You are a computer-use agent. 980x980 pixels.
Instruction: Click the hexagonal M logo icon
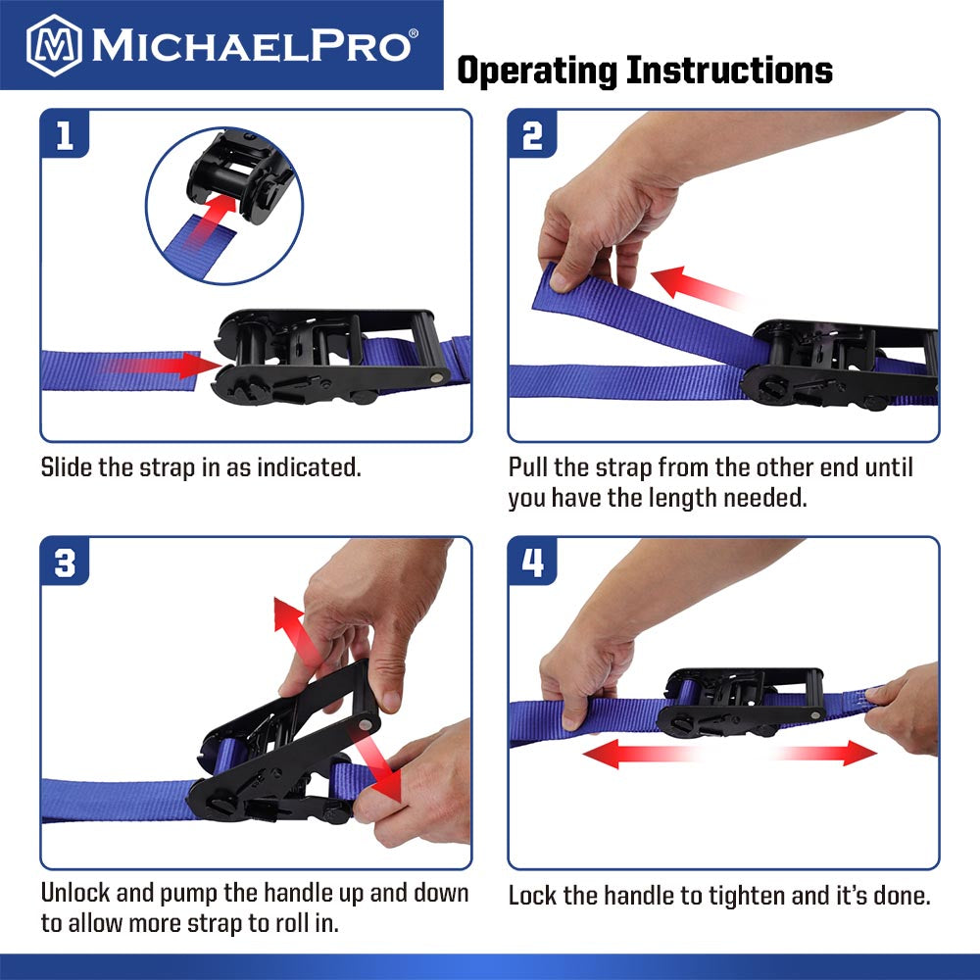54,45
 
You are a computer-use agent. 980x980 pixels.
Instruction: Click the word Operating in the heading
537,70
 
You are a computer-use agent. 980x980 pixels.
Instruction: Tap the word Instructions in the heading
729,70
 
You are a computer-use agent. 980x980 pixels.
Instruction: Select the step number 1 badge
65,134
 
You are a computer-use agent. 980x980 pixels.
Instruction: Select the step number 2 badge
532,134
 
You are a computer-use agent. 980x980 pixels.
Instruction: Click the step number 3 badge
65,562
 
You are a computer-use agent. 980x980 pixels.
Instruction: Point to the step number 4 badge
532,562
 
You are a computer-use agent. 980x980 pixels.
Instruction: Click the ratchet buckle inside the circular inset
240,175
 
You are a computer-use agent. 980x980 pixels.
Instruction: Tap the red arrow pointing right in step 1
159,366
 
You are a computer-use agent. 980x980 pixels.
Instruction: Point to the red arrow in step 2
698,287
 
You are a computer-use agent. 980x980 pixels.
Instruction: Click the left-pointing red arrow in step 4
639,753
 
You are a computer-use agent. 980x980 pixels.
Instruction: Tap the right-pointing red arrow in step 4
826,753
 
